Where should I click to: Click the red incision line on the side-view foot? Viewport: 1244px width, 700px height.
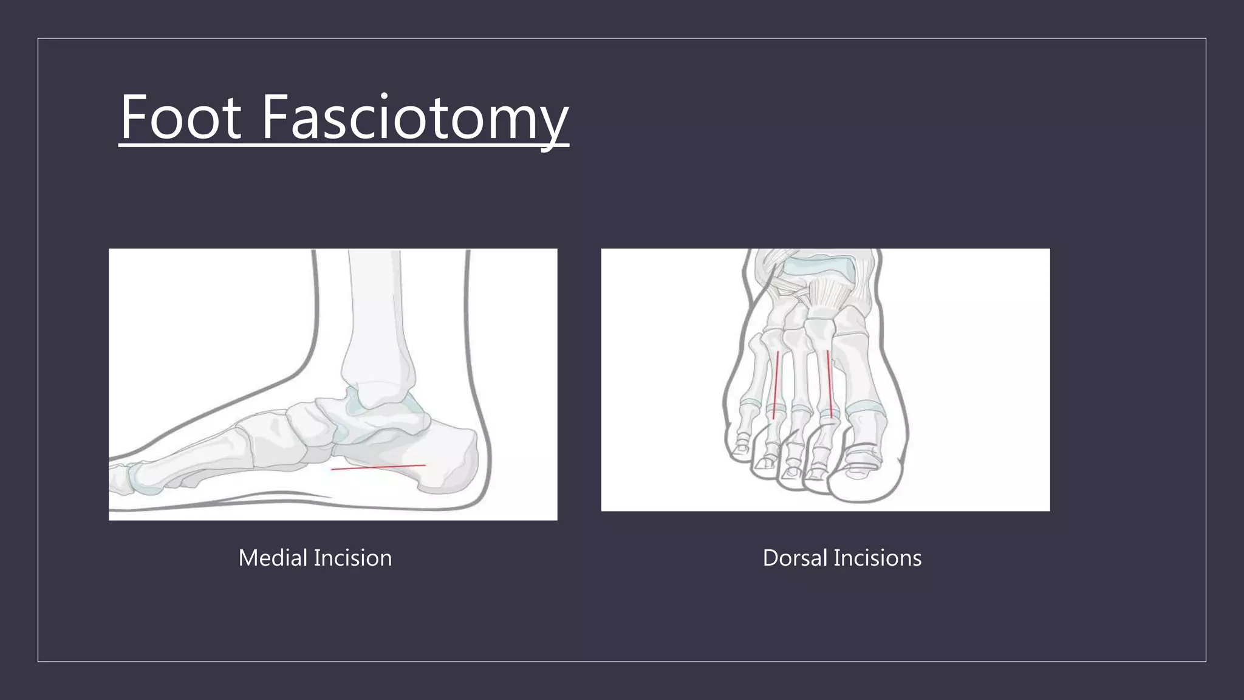(378, 467)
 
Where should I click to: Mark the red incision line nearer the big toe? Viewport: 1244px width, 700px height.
(829, 383)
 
